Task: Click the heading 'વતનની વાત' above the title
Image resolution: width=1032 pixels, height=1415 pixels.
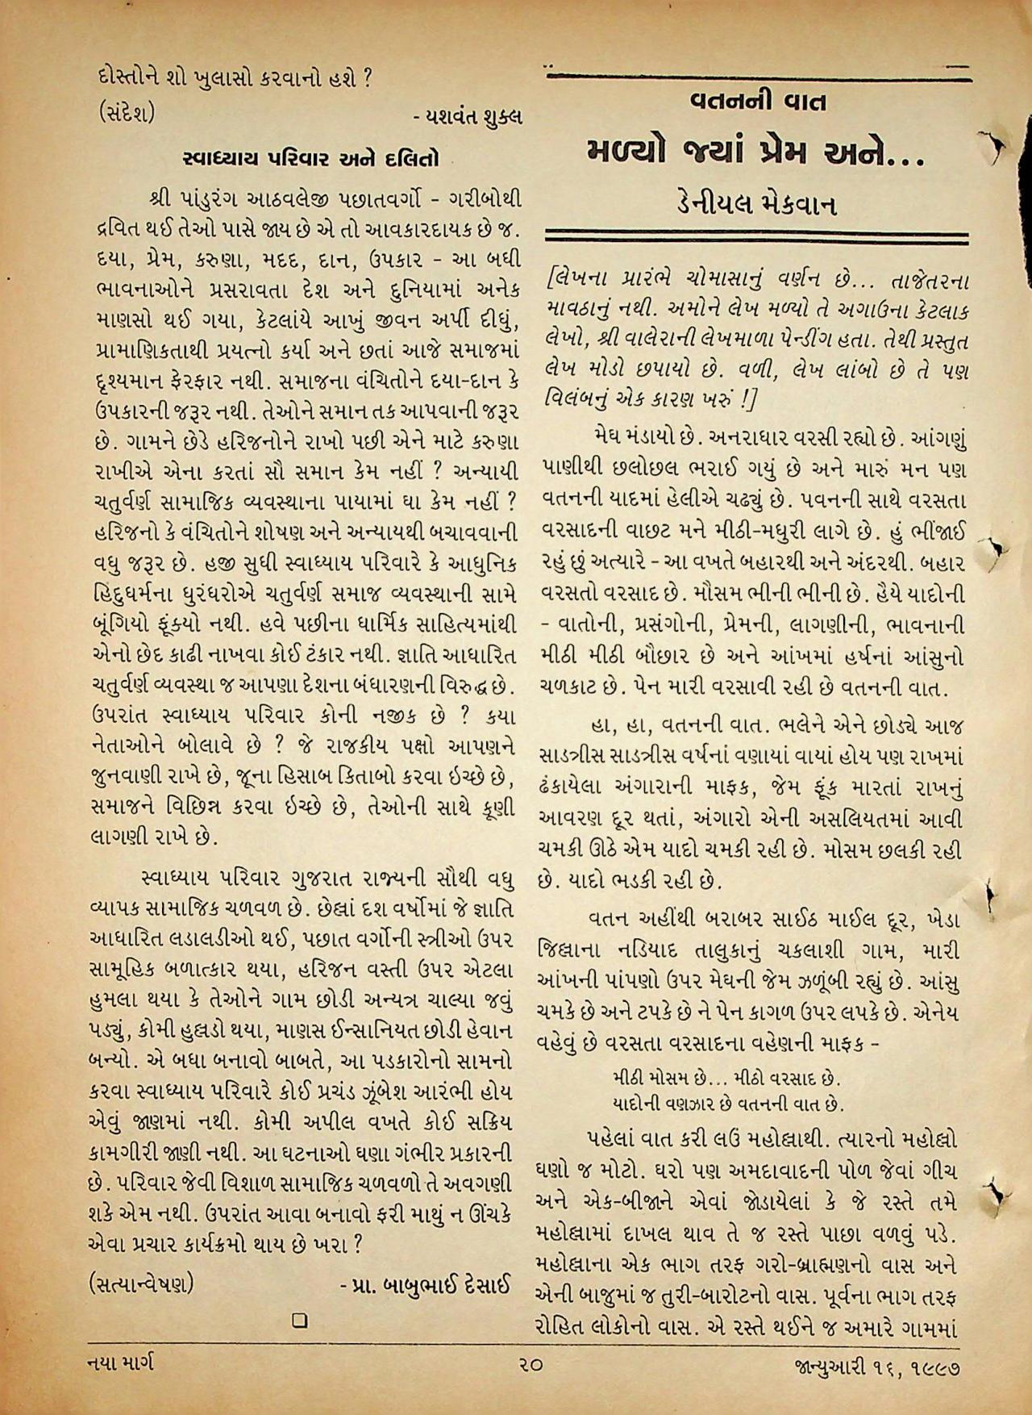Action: [758, 102]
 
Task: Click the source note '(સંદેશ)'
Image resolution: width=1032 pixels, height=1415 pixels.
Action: [122, 113]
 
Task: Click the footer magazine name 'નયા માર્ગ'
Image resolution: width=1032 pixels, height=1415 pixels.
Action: [122, 1364]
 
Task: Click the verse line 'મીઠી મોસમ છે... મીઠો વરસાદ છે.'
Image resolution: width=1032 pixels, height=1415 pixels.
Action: [721, 1079]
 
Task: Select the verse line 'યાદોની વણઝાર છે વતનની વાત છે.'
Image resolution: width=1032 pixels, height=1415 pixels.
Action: [722, 1101]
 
